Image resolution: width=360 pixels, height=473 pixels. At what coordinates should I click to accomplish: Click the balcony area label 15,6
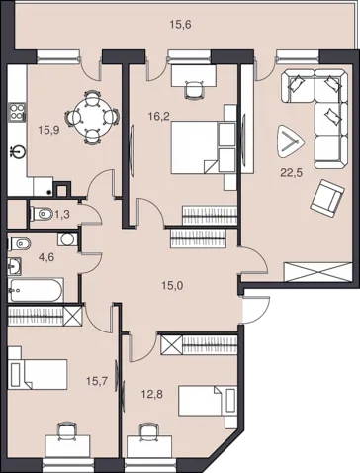click(x=181, y=25)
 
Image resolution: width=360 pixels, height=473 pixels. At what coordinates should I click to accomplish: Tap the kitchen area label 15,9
click(x=48, y=130)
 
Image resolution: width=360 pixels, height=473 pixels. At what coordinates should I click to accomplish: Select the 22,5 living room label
click(x=292, y=172)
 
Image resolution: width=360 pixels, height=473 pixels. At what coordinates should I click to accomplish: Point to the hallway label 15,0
click(x=172, y=286)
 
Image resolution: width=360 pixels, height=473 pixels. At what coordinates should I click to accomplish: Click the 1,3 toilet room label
click(x=62, y=215)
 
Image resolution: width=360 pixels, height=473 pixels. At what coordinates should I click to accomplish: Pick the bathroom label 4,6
click(x=46, y=256)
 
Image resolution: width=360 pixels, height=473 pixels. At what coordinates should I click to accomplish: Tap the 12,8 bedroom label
click(x=152, y=394)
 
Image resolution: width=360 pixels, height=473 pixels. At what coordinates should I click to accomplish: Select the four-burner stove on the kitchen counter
click(x=18, y=111)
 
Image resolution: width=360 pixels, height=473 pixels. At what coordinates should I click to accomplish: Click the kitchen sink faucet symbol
click(x=18, y=152)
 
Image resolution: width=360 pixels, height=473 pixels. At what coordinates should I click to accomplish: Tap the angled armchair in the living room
click(x=327, y=198)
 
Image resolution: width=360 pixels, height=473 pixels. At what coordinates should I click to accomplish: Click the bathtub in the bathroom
click(x=36, y=290)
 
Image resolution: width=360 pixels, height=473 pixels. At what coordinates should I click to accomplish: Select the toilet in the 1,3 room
click(x=41, y=215)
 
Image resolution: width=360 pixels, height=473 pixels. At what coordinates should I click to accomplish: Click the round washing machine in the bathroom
click(x=68, y=239)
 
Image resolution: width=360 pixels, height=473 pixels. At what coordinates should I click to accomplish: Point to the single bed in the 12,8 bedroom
click(x=208, y=401)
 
